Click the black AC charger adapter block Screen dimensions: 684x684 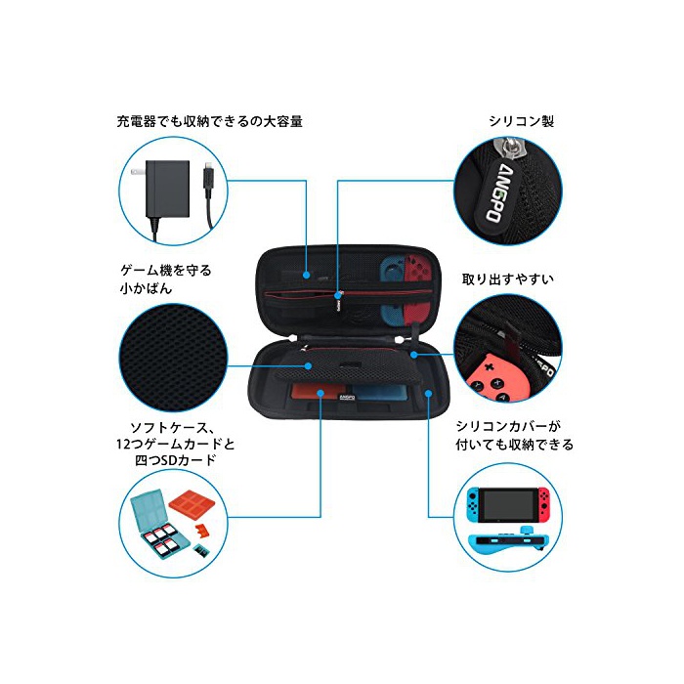[167, 189]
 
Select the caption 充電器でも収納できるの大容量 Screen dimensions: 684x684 [210, 121]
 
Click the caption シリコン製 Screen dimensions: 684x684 [521, 121]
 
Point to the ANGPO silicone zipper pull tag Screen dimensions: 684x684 [496, 193]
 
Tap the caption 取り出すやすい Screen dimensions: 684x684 [508, 278]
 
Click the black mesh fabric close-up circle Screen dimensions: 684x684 [173, 358]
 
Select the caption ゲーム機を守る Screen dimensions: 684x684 [166, 271]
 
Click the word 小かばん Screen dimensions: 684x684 [146, 288]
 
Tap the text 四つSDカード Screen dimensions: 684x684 [175, 460]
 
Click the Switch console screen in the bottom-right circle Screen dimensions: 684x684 [508, 505]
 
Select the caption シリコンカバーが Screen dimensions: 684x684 [508, 426]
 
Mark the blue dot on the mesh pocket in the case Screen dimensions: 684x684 [308, 365]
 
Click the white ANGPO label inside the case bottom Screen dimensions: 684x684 [347, 398]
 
